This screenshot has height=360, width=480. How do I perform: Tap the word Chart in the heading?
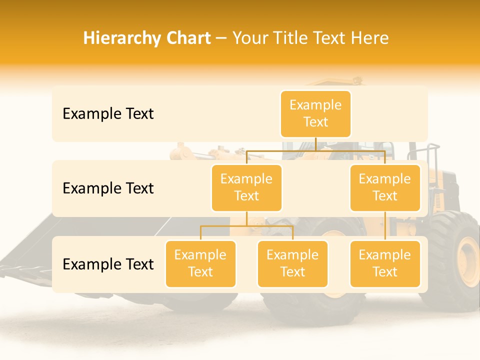click(186, 38)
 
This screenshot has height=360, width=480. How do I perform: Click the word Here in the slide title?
click(370, 38)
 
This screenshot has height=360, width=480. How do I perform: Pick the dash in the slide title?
click(221, 39)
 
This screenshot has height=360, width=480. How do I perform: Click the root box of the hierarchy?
click(315, 113)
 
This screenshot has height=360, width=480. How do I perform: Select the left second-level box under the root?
click(246, 187)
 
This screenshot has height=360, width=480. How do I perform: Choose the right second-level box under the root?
click(385, 187)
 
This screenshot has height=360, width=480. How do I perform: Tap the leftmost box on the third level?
click(200, 263)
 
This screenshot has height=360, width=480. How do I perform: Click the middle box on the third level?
click(292, 263)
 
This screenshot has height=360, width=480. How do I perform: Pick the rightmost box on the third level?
click(385, 263)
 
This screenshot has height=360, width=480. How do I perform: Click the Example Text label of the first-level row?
click(108, 114)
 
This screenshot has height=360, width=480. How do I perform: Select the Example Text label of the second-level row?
click(108, 188)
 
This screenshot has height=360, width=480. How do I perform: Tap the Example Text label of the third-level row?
click(108, 264)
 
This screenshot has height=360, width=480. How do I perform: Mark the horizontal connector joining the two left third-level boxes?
click(246, 226)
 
